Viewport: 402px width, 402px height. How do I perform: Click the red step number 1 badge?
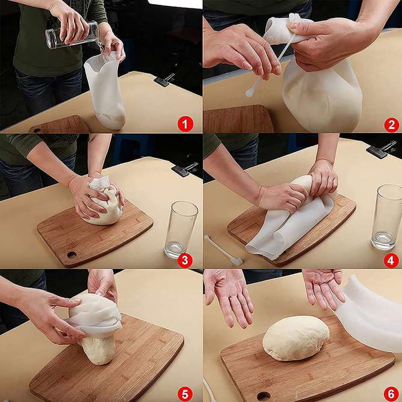click(185, 125)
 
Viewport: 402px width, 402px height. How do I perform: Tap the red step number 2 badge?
click(392, 125)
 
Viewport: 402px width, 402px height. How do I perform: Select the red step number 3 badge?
click(185, 260)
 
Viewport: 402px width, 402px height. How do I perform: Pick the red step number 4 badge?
click(392, 260)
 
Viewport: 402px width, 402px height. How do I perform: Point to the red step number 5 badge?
click(185, 392)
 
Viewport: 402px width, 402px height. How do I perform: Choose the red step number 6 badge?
click(392, 392)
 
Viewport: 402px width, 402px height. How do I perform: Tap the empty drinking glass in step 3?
click(181, 229)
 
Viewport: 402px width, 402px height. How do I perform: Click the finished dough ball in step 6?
click(295, 338)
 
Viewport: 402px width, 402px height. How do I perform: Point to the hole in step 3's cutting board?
click(71, 255)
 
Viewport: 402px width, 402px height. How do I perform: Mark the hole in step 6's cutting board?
click(263, 395)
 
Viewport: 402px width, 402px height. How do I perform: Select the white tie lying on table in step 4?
click(223, 250)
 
